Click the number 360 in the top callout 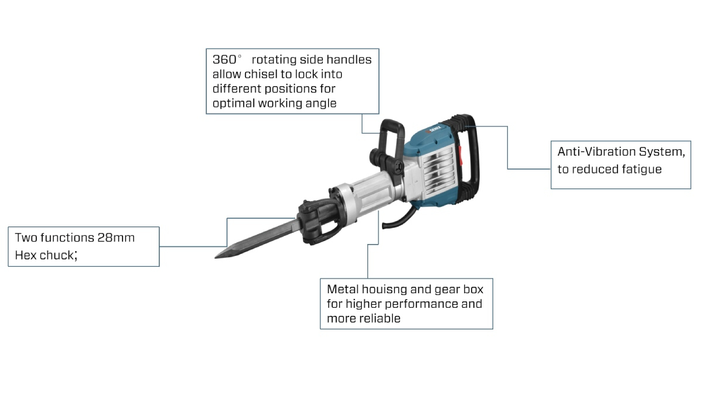click(x=224, y=59)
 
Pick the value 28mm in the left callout click(x=116, y=238)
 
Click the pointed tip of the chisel click(x=216, y=257)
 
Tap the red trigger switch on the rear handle click(x=460, y=156)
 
